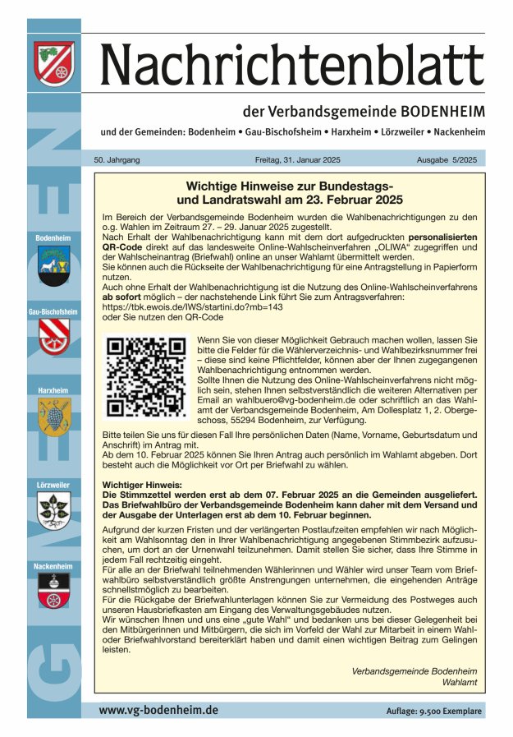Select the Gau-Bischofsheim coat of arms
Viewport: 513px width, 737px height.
click(x=54, y=336)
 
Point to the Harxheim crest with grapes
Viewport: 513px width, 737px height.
click(x=54, y=417)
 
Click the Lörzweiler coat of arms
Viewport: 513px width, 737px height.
click(x=54, y=510)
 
